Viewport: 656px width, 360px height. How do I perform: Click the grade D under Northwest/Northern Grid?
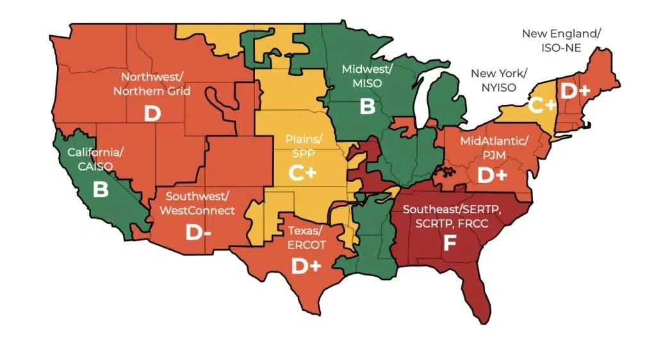pos(152,113)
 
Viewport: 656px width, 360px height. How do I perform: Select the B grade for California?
pos(101,190)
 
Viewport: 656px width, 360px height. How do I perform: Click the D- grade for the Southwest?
pos(198,233)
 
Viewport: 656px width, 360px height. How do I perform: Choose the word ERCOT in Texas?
pos(307,245)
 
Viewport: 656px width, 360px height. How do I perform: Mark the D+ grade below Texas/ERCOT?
pos(306,266)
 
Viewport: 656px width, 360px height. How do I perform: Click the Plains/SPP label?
pos(303,145)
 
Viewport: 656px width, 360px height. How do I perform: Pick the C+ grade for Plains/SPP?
pos(302,174)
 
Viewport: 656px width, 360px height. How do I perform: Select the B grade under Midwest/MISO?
pos(367,106)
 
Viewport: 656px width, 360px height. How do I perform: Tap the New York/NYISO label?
pos(493,80)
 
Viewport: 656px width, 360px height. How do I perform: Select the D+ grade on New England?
pos(575,91)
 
